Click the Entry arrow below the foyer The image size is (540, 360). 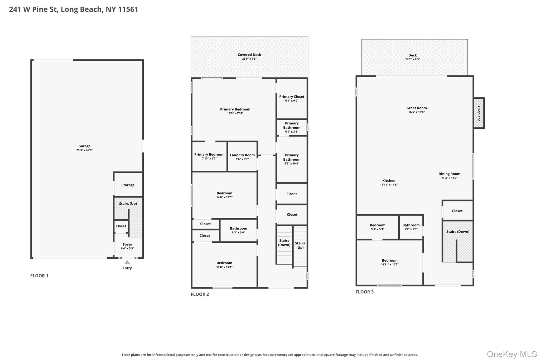pyautogui.click(x=127, y=262)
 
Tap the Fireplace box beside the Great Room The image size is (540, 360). pyautogui.click(x=479, y=113)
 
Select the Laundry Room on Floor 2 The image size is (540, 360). pyautogui.click(x=242, y=157)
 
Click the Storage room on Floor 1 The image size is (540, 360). pyautogui.click(x=128, y=184)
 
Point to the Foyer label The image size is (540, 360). pyautogui.click(x=127, y=244)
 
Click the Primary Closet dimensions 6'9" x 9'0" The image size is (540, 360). pyautogui.click(x=292, y=101)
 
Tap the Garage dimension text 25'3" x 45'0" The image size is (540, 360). pyautogui.click(x=84, y=150)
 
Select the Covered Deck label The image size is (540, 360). pyautogui.click(x=249, y=55)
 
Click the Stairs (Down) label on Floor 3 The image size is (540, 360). pyautogui.click(x=458, y=232)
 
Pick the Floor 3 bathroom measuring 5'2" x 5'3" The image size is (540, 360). pyautogui.click(x=411, y=227)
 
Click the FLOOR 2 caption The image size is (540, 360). pyautogui.click(x=200, y=294)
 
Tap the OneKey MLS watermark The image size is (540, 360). pyautogui.click(x=512, y=354)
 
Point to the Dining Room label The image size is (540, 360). pyautogui.click(x=449, y=174)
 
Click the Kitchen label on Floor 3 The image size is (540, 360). pyautogui.click(x=389, y=181)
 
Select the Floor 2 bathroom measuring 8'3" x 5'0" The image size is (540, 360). pyautogui.click(x=238, y=230)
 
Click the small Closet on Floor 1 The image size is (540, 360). pyautogui.click(x=121, y=226)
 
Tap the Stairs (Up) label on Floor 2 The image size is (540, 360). pyautogui.click(x=300, y=245)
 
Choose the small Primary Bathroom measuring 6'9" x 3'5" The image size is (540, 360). pyautogui.click(x=292, y=127)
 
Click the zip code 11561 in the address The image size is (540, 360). pyautogui.click(x=128, y=9)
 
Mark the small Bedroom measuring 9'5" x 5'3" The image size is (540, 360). pyautogui.click(x=378, y=227)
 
